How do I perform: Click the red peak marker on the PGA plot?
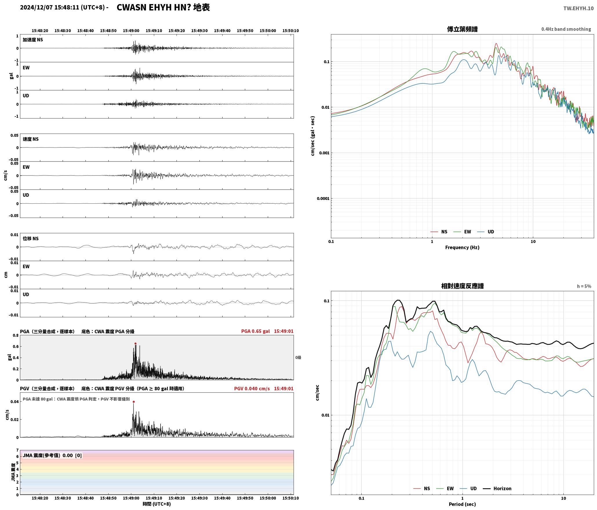pyautogui.click(x=135, y=344)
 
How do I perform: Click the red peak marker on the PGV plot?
pyautogui.click(x=134, y=402)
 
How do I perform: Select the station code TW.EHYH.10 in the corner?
pyautogui.click(x=578, y=8)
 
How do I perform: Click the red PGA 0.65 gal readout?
pyautogui.click(x=255, y=331)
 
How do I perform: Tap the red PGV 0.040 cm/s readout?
pyautogui.click(x=252, y=389)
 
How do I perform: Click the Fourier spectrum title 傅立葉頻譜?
pyautogui.click(x=462, y=29)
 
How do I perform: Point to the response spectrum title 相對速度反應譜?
pyautogui.click(x=462, y=286)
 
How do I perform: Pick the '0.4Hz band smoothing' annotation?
pyautogui.click(x=566, y=29)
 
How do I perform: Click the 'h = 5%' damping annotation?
pyautogui.click(x=584, y=286)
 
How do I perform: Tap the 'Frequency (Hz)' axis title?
pyautogui.click(x=462, y=247)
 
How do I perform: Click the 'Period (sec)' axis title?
pyautogui.click(x=462, y=504)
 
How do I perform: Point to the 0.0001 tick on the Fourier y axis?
pyautogui.click(x=323, y=198)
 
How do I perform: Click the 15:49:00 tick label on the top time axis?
pyautogui.click(x=131, y=31)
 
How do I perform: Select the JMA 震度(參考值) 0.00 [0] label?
pyautogui.click(x=52, y=456)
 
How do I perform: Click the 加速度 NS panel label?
pyautogui.click(x=33, y=40)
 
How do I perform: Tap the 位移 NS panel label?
pyautogui.click(x=31, y=238)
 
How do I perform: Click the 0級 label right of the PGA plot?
pyautogui.click(x=298, y=358)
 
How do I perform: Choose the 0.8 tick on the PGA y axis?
pyautogui.click(x=15, y=336)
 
